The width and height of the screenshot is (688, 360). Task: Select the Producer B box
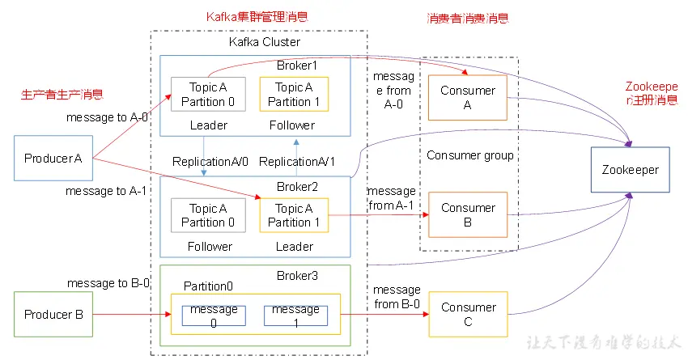(x=54, y=315)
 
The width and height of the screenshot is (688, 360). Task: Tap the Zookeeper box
(x=630, y=170)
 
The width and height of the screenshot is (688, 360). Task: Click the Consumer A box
(x=468, y=98)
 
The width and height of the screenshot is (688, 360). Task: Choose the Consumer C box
(x=468, y=315)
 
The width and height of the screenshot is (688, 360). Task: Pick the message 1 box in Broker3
(x=295, y=316)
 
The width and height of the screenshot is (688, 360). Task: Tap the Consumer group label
(x=470, y=155)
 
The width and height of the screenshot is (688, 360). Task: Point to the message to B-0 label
(x=108, y=283)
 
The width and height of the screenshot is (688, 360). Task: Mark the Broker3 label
(x=297, y=276)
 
